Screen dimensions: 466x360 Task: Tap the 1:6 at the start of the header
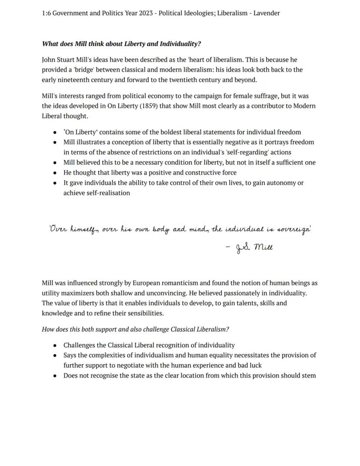47,13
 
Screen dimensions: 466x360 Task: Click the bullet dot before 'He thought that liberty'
54,173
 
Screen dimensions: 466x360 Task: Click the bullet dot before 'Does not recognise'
54,376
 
